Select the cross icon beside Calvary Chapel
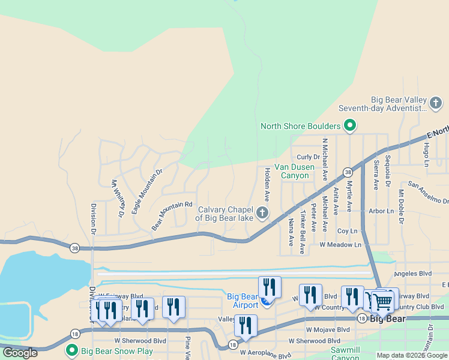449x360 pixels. pyautogui.click(x=262, y=213)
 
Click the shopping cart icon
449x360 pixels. pyautogui.click(x=382, y=302)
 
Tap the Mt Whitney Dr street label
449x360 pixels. pyautogui.click(x=118, y=199)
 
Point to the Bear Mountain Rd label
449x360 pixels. pyautogui.click(x=172, y=216)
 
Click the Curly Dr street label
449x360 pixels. pyautogui.click(x=308, y=157)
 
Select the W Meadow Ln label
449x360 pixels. pyautogui.click(x=340, y=245)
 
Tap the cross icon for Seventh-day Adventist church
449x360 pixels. pyautogui.click(x=436, y=104)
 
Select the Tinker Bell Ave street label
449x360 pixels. pyautogui.click(x=303, y=232)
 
